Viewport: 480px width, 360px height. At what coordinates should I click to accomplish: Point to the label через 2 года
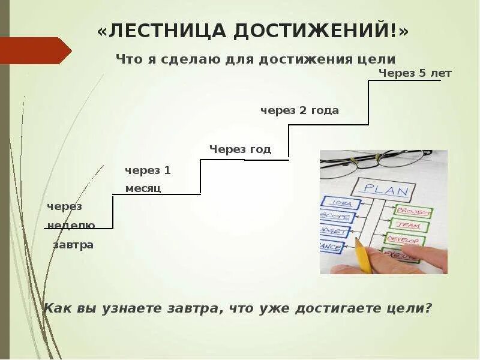coord(299,110)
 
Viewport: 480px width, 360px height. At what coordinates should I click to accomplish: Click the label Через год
coord(240,149)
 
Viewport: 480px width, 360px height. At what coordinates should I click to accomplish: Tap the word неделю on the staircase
coord(71,226)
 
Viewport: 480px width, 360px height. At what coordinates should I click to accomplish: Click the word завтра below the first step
coord(73,245)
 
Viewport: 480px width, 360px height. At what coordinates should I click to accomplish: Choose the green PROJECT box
coord(413,212)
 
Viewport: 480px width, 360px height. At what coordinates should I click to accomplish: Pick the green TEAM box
coord(409,226)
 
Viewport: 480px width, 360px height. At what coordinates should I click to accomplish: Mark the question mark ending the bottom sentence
coord(428,308)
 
